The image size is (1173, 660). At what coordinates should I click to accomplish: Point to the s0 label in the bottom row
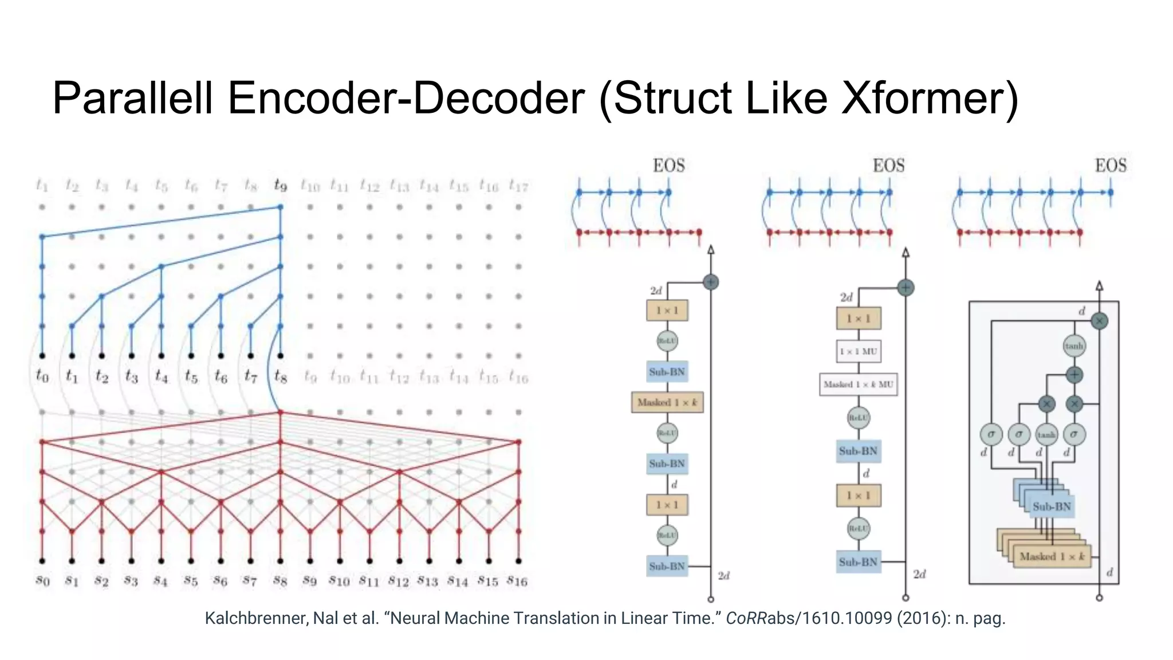pos(42,581)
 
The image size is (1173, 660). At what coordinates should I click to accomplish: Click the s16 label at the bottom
pos(517,581)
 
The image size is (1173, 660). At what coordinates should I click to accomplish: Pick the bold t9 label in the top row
pos(280,185)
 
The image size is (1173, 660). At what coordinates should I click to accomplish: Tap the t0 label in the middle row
pos(42,376)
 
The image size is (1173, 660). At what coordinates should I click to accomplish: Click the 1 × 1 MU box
pos(858,351)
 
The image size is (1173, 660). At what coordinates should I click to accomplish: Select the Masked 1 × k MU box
pos(858,384)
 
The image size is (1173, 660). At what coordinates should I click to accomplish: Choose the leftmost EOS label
pos(669,166)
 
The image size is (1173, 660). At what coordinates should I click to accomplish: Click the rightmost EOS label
pos(1111,166)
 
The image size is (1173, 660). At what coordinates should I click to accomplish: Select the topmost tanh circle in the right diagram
pos(1074,345)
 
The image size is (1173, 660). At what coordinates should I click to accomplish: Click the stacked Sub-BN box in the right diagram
pos(1051,506)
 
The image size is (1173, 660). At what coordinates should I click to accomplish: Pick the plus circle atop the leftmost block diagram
pos(711,282)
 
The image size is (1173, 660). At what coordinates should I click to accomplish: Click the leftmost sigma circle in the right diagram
pos(991,434)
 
